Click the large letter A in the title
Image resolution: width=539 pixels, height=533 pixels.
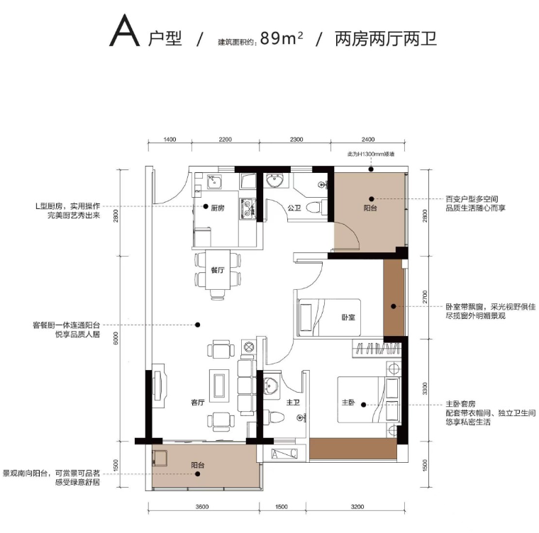124,31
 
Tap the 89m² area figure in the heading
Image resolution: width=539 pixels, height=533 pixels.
282,38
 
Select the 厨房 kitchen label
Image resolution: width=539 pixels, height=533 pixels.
218,208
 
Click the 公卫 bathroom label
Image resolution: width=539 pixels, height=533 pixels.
294,208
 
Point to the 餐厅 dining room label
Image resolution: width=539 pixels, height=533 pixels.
218,270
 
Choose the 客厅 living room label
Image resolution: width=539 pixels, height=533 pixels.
198,403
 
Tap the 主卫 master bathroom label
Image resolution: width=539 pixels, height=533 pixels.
293,402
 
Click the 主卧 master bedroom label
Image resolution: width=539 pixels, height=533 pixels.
348,402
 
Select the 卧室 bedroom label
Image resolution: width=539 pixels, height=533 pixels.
348,318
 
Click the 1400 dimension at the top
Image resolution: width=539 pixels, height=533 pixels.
170,140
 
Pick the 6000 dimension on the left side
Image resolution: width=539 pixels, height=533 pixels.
116,338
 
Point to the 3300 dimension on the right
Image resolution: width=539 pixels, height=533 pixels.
425,388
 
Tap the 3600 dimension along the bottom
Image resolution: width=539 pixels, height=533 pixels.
202,507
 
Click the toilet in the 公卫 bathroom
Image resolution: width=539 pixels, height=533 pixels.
314,208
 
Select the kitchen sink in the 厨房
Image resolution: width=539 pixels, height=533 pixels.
214,181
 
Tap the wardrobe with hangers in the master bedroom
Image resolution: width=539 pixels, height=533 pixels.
377,349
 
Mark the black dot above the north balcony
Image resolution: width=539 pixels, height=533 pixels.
371,169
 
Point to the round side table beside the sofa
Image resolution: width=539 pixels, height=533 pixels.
248,347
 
